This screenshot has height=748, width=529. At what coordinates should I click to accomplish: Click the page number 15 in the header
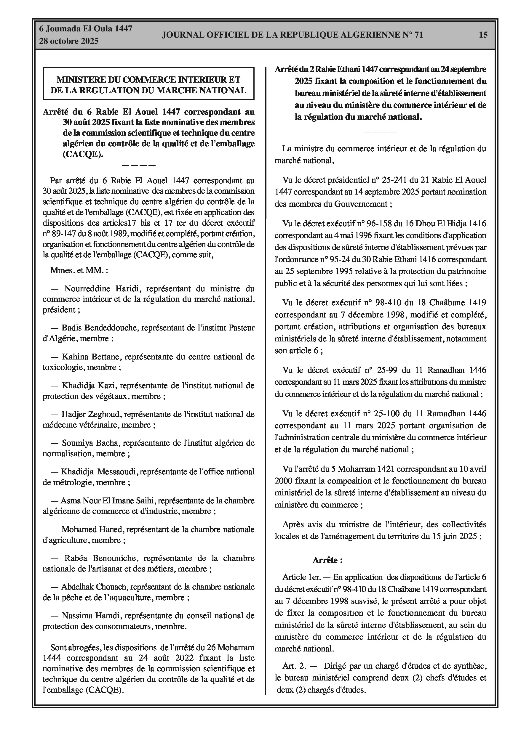(x=483, y=35)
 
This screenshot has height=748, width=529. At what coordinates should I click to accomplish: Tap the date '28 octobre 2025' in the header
(x=69, y=41)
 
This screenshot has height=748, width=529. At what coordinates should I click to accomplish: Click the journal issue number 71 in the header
(x=418, y=35)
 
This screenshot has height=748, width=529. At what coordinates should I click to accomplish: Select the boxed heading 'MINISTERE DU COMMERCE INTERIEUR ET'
(x=148, y=79)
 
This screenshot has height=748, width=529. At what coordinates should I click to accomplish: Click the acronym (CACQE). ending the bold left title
(x=83, y=154)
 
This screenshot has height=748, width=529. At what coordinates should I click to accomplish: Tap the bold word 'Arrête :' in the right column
(x=327, y=560)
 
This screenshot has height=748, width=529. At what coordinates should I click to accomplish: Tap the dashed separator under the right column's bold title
(x=380, y=132)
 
